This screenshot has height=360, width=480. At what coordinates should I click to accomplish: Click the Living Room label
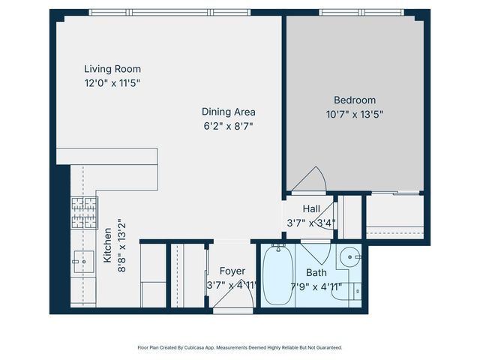click(x=112, y=69)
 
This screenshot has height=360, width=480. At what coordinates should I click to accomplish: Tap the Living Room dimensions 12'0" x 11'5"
click(x=112, y=83)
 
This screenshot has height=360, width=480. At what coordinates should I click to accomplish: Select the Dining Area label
click(x=228, y=112)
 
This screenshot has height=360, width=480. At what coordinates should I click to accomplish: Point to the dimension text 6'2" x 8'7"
click(x=228, y=126)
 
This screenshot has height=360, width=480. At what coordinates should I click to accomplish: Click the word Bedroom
click(x=355, y=100)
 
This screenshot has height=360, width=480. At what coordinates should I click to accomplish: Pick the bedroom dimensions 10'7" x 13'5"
click(x=355, y=114)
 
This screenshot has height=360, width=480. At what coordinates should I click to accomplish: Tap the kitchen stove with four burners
click(x=84, y=212)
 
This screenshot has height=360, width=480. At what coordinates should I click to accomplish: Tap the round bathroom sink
click(x=349, y=258)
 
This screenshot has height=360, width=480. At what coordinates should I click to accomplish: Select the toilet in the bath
click(x=355, y=289)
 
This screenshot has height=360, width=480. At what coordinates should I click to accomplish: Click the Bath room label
click(x=316, y=272)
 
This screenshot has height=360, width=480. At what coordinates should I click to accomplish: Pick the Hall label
click(x=312, y=208)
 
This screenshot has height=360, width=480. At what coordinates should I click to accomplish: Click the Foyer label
click(x=232, y=271)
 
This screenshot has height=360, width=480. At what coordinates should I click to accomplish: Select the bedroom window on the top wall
click(x=361, y=12)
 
